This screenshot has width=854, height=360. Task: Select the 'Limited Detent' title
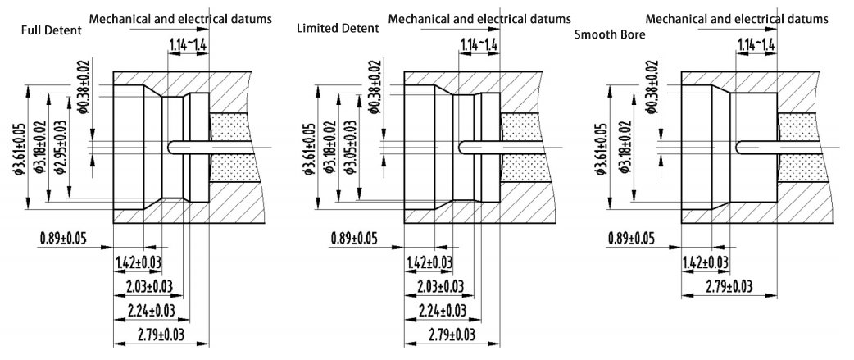pyautogui.click(x=338, y=29)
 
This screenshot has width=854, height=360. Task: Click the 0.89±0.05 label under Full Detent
pyautogui.click(x=62, y=239)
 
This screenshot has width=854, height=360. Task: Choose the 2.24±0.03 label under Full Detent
pyautogui.click(x=153, y=310)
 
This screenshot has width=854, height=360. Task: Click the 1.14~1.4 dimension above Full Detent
pyautogui.click(x=189, y=43)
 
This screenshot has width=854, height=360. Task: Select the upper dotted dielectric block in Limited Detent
pyautogui.click(x=521, y=127)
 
